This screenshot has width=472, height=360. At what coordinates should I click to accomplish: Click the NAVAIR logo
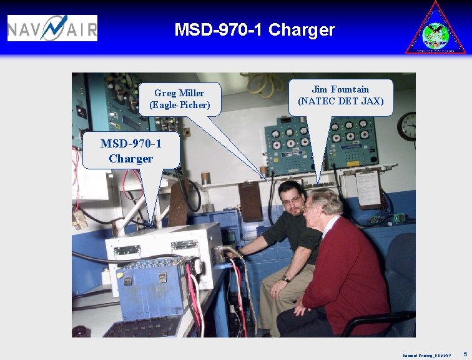[52, 28]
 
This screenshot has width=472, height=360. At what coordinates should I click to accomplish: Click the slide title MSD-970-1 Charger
[254, 30]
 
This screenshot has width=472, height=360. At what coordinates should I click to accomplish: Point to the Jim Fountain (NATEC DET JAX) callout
[340, 96]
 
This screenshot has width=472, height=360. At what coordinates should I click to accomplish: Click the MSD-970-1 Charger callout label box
[131, 151]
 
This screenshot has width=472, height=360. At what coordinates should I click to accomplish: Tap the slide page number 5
[465, 354]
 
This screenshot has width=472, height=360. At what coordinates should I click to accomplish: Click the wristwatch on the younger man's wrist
[285, 278]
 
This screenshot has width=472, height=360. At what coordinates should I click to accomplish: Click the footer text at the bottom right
[426, 355]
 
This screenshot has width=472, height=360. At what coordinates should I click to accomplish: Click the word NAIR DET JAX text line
[340, 101]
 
